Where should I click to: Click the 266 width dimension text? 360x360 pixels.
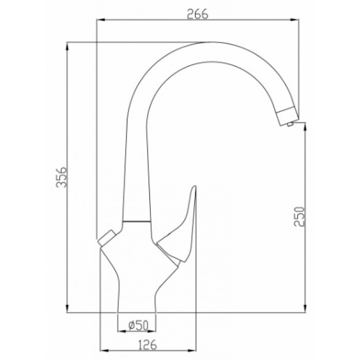tap(198, 14)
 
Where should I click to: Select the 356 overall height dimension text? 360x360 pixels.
tap(61, 177)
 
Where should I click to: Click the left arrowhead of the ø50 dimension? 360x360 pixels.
tap(121, 330)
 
